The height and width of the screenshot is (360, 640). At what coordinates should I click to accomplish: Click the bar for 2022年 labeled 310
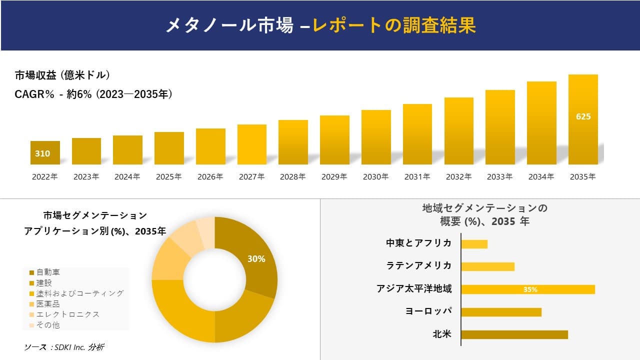pyautogui.click(x=45, y=153)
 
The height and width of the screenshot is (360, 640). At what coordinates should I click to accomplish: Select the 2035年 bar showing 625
pyautogui.click(x=583, y=119)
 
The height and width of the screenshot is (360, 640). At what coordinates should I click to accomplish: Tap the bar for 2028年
pyautogui.click(x=293, y=142)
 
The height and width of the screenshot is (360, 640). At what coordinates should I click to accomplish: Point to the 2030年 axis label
pyautogui.click(x=375, y=176)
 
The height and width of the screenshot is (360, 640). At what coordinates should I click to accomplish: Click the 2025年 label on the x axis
pyautogui.click(x=168, y=176)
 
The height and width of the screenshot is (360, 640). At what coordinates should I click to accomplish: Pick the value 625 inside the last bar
pyautogui.click(x=583, y=116)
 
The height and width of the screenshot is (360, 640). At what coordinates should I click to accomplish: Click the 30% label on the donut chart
pyautogui.click(x=256, y=259)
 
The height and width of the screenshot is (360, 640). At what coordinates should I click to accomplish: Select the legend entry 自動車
pyautogui.click(x=48, y=272)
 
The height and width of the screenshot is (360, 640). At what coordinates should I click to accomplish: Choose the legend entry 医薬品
pyautogui.click(x=48, y=304)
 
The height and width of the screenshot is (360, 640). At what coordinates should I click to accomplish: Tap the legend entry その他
pyautogui.click(x=48, y=325)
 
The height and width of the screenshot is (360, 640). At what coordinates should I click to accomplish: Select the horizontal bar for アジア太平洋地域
pyautogui.click(x=527, y=289)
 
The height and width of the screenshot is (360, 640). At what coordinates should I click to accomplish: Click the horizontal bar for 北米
pyautogui.click(x=514, y=334)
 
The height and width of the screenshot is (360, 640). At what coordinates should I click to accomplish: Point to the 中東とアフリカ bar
pyautogui.click(x=474, y=244)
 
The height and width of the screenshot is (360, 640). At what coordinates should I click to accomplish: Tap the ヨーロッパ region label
pyautogui.click(x=428, y=311)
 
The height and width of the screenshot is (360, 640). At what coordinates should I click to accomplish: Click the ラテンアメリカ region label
pyautogui.click(x=419, y=265)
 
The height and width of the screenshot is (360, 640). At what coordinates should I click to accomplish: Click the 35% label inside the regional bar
pyautogui.click(x=530, y=289)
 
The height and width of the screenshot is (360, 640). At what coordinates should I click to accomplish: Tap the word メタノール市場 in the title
pyautogui.click(x=229, y=25)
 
